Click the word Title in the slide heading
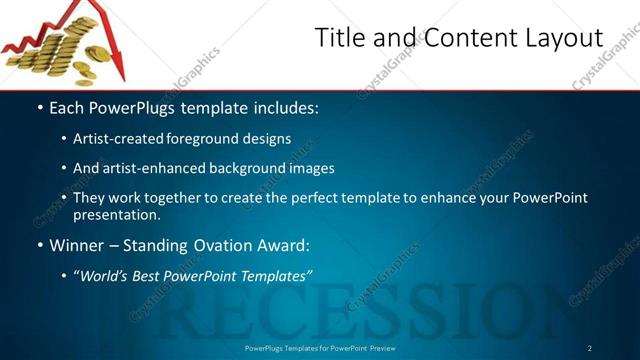(338, 39)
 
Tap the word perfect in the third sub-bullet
(335, 198)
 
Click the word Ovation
(225, 245)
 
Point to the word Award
(284, 245)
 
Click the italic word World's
(107, 275)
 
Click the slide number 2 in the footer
(590, 348)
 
